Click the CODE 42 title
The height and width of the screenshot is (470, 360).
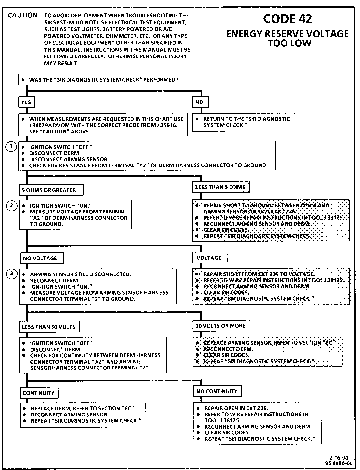288,19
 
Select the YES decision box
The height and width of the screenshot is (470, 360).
26,102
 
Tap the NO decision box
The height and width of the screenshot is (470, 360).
200,102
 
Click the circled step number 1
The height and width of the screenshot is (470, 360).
11,147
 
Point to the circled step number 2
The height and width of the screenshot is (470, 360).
12,205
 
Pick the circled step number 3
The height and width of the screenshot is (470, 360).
12,274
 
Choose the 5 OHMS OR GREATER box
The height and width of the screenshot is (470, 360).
49,190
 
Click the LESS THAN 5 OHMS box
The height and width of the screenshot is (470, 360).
220,187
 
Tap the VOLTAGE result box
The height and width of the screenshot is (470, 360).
209,258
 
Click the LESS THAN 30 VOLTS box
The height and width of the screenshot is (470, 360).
49,327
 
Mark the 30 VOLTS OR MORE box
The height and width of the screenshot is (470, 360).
220,326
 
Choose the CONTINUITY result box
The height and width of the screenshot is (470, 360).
39,393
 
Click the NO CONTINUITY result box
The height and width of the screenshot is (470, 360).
217,391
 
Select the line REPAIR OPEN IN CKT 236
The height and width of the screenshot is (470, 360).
236,408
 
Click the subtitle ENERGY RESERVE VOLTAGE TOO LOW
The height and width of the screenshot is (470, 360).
288,38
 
